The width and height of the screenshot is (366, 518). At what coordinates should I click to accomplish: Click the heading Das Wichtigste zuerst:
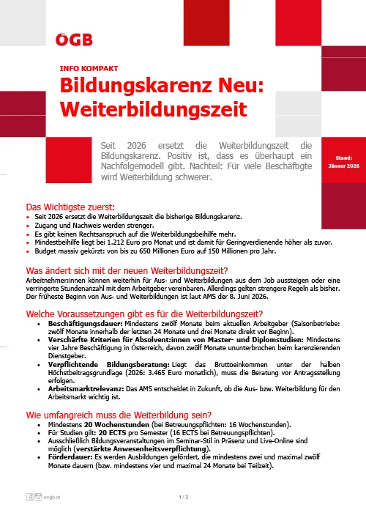pyautogui.click(x=70, y=207)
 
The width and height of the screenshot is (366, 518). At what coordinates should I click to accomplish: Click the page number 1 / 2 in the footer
pyautogui.click(x=183, y=497)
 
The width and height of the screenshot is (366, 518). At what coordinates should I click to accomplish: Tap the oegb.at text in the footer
pyautogui.click(x=51, y=497)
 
